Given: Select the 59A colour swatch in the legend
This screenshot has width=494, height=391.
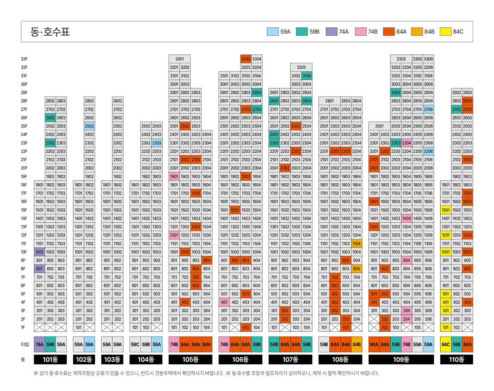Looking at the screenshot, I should point(273,31).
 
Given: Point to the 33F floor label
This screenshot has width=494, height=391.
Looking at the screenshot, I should point(24,59).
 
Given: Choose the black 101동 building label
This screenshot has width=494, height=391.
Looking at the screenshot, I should point(50,360).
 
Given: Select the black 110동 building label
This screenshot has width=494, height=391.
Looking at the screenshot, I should point(457,360).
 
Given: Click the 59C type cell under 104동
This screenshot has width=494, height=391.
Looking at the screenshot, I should point(135,345).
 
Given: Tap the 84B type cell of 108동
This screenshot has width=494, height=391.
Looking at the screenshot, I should point(356,345).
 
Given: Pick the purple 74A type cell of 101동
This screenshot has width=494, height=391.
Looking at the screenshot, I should point(40,345).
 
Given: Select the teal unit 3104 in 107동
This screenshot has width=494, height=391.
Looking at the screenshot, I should point(307,76).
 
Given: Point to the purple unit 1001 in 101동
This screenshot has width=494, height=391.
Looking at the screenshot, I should point(40,252).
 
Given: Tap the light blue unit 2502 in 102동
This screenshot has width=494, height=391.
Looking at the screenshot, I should point(89,126).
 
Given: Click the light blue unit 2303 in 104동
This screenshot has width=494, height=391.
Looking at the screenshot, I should point(157,143).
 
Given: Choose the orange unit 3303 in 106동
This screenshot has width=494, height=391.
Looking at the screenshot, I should point(246,59).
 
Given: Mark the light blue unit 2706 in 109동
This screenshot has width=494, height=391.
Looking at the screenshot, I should point(428,109).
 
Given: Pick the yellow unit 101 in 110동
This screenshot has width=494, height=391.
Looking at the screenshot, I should point(446,328).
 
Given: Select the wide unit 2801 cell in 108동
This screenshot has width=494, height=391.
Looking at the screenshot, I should point(330,101).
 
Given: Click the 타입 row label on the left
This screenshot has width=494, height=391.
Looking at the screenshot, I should point(25,345).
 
